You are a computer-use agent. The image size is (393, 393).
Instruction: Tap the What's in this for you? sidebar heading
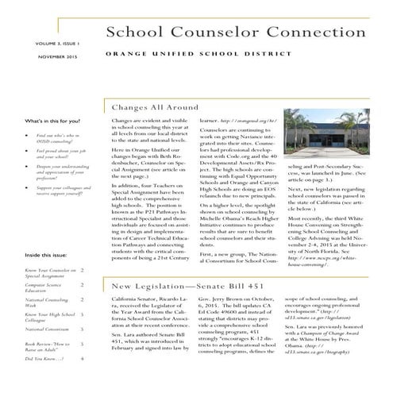(x=52, y=121)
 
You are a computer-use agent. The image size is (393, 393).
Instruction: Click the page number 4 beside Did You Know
(x=83, y=359)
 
